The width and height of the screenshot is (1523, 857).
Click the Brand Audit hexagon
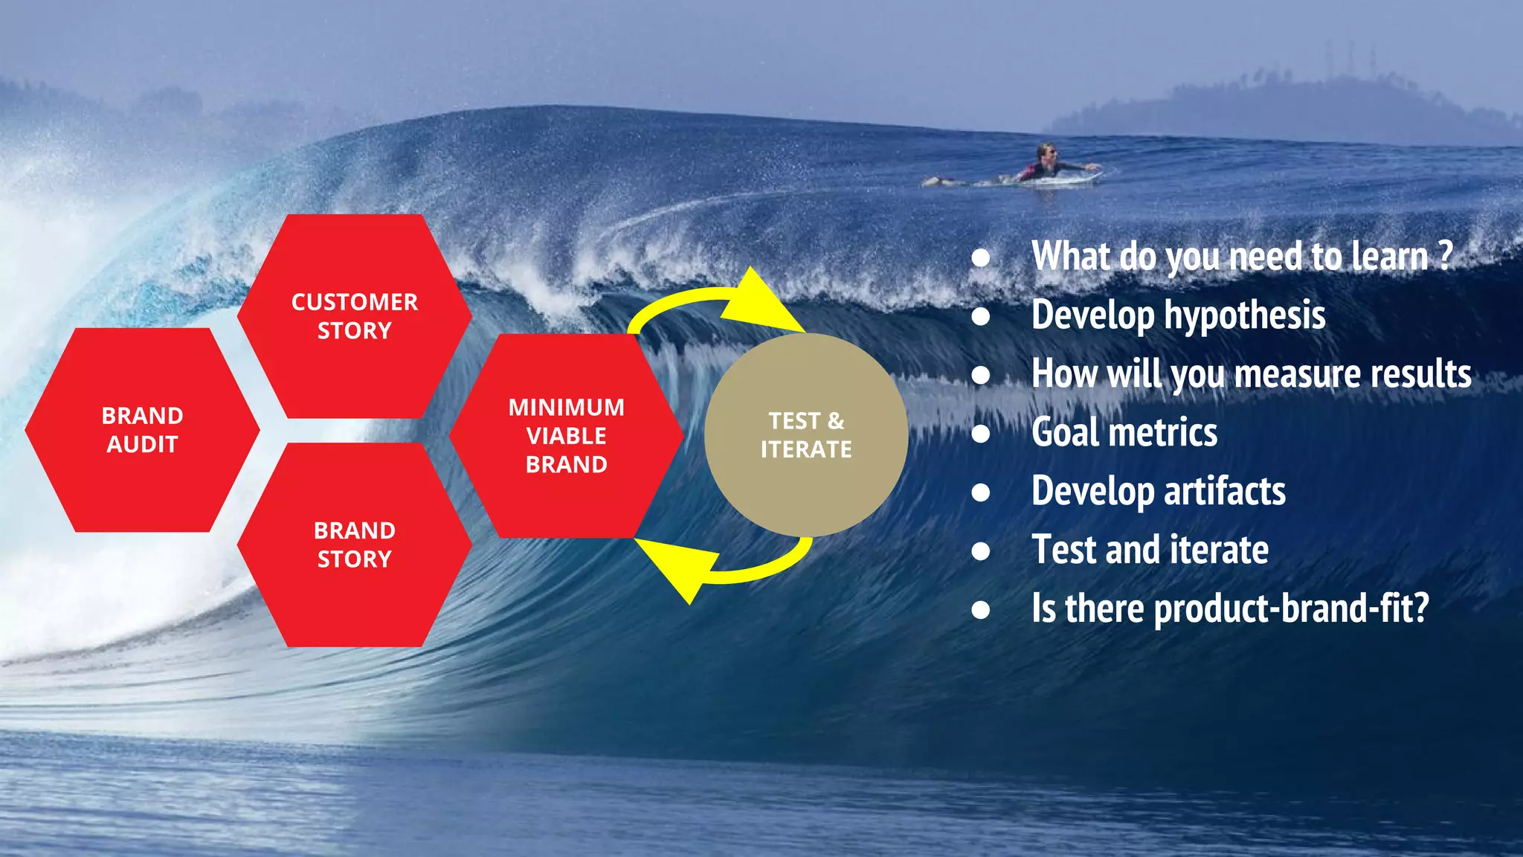click(x=142, y=430)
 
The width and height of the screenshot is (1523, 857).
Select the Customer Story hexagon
click(x=355, y=316)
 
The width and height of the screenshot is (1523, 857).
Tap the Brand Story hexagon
click(x=355, y=545)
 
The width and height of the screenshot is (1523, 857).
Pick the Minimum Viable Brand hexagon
click(x=567, y=436)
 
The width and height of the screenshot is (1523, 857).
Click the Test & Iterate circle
click(x=806, y=435)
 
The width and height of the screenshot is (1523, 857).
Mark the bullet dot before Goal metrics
click(x=981, y=434)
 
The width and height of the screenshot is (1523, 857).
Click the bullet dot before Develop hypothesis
click(x=981, y=317)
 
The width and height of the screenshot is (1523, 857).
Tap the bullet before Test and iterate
click(x=981, y=551)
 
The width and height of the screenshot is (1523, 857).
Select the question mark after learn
click(x=1445, y=256)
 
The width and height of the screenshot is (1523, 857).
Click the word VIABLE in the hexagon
click(x=567, y=436)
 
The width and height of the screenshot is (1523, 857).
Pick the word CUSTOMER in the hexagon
click(x=355, y=302)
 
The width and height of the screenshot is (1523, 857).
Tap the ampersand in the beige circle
click(x=836, y=421)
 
